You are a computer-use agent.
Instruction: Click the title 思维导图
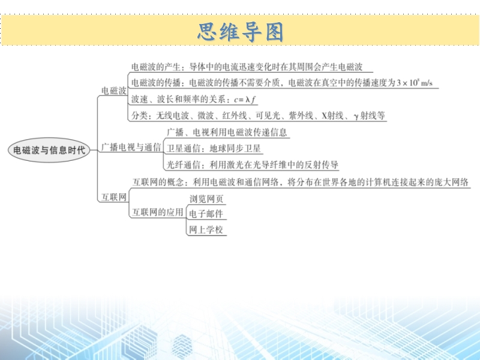pyautogui.click(x=241, y=32)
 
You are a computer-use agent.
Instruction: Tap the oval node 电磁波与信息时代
pyautogui.click(x=49, y=150)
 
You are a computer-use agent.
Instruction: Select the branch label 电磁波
pyautogui.click(x=114, y=91)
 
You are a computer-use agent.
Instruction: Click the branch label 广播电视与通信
pyautogui.click(x=131, y=147)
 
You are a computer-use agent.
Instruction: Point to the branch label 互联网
pyautogui.click(x=114, y=197)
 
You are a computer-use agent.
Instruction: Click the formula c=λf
pyautogui.click(x=245, y=100)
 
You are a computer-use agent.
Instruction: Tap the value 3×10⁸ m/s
pyautogui.click(x=415, y=83)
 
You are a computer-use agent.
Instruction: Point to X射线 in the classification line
pyautogui.click(x=332, y=115)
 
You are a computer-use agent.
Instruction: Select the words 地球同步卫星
pyautogui.click(x=235, y=149)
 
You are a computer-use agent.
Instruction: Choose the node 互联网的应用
pyautogui.click(x=158, y=212)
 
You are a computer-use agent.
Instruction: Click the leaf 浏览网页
pyautogui.click(x=206, y=199)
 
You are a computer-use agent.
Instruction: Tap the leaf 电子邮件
pyautogui.click(x=206, y=214)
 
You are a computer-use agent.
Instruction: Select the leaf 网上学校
pyautogui.click(x=206, y=230)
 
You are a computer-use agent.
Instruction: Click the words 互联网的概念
pyautogui.click(x=158, y=182)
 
